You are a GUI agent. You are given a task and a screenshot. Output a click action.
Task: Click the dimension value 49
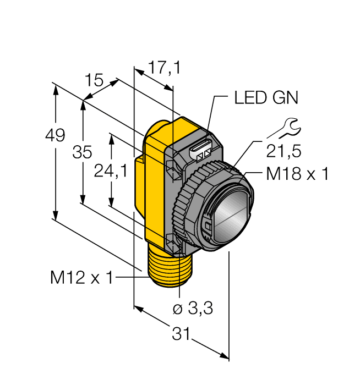coord(56,135)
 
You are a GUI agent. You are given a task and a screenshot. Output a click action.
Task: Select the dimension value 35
coord(83,153)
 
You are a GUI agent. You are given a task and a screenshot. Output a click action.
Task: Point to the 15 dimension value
coord(95,81)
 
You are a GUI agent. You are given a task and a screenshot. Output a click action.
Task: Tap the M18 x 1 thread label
coord(297,174)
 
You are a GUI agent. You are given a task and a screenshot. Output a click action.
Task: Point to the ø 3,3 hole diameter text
coord(193,309)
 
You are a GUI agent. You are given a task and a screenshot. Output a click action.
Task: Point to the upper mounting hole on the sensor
coord(174,168)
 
